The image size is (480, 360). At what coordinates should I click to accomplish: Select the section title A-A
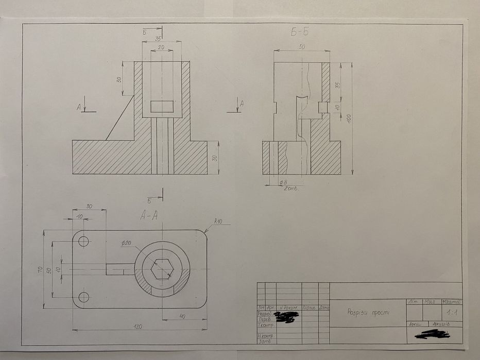[x=149, y=217]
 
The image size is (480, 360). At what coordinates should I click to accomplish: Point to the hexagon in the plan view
[x=162, y=269]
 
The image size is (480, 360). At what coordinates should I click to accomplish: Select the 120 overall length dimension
[x=138, y=326]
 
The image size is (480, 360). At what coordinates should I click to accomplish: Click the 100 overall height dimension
[x=349, y=118]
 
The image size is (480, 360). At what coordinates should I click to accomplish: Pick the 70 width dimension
[x=40, y=269]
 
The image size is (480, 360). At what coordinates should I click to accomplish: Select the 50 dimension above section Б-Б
[x=301, y=47]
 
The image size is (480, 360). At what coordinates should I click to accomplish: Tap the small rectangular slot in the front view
[x=162, y=107]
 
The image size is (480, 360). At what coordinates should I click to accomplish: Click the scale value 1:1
[x=451, y=313]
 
